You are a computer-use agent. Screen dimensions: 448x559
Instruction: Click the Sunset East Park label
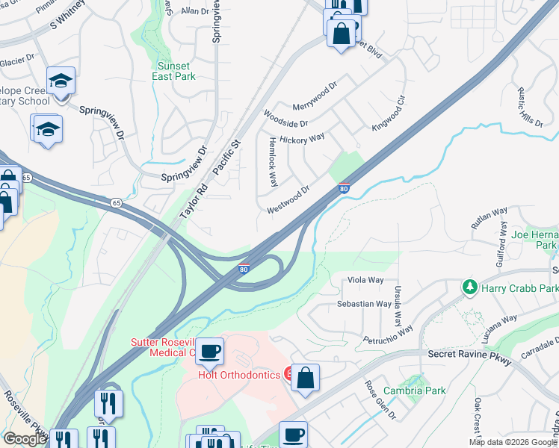[173, 71]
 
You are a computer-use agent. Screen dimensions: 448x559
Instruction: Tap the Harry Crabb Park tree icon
[471, 287]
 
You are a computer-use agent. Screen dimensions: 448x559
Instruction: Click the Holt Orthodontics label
[239, 375]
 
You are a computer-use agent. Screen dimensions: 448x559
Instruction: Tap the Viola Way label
[366, 281]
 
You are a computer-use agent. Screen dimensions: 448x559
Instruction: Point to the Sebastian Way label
[364, 304]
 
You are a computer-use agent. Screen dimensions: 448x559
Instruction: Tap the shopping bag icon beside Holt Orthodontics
[306, 378]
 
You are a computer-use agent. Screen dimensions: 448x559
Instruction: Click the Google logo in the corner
[25, 439]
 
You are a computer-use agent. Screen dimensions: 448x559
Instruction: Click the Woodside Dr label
[285, 118]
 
